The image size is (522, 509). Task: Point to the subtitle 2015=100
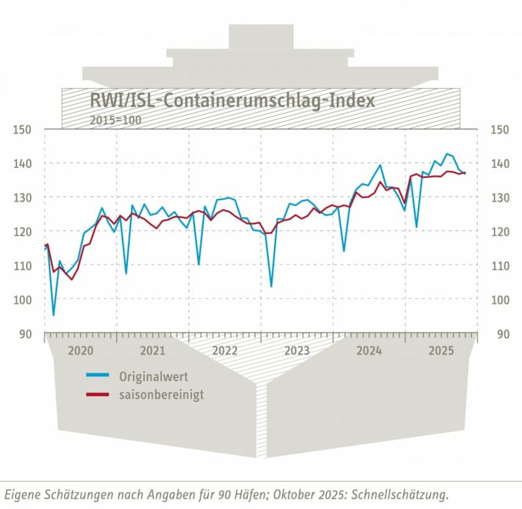116,119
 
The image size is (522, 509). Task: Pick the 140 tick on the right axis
500,163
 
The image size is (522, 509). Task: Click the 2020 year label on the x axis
80,351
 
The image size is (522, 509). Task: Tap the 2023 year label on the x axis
297,351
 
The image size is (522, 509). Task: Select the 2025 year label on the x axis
441,351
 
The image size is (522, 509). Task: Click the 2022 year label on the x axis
225,351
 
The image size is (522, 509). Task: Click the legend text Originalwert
153,377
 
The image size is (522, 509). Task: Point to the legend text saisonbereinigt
161,395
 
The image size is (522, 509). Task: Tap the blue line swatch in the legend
98,376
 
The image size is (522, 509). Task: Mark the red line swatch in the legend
98,394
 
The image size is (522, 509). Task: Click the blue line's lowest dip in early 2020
53,315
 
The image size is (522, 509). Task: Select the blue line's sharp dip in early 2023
271,287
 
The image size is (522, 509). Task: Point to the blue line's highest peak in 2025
446,154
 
